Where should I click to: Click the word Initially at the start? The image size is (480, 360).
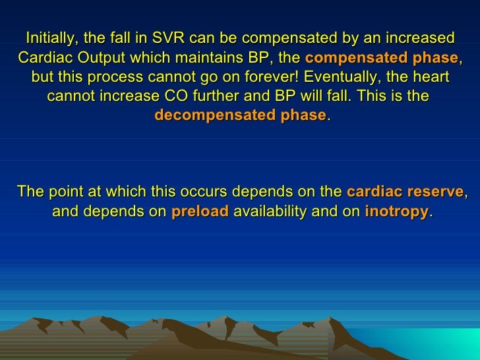tap(47, 36)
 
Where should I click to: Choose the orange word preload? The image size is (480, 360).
tap(200, 212)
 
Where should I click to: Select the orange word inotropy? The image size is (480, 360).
tap(396, 212)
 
